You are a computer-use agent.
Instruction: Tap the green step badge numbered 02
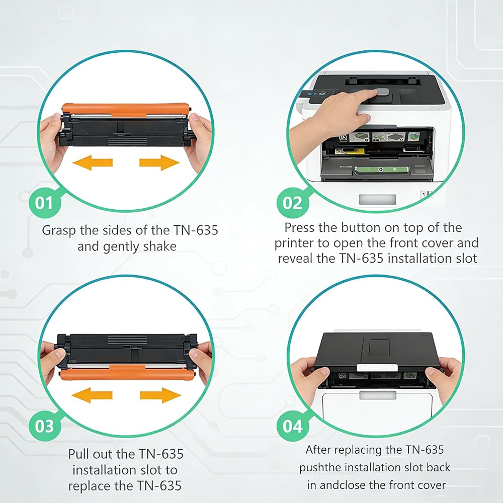(293, 203)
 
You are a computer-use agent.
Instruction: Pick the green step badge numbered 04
(293, 427)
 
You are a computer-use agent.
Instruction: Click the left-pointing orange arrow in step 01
(93, 162)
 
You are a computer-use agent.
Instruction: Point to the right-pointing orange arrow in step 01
(159, 162)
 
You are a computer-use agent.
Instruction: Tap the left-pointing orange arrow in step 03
(92, 395)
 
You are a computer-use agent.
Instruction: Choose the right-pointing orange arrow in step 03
(161, 395)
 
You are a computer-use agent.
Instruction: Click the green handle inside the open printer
(382, 171)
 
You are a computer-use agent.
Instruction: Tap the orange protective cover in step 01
(125, 109)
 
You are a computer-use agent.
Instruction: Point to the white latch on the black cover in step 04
(377, 368)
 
